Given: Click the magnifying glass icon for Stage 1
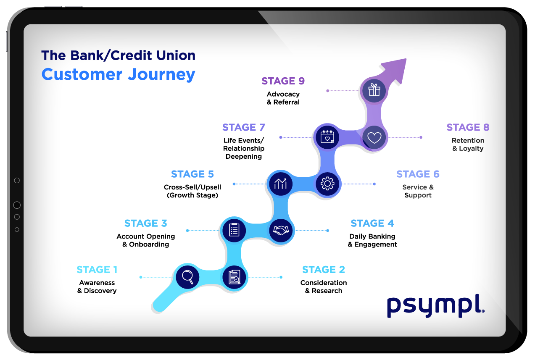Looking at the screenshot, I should pos(187,277).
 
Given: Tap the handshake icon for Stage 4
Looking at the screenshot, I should pos(282,230).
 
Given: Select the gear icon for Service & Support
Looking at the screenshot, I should pos(327,184).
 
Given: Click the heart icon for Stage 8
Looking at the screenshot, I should pos(374,137).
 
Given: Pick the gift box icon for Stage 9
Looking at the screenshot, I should pos(374,90).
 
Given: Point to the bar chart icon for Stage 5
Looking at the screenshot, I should pos(280,184).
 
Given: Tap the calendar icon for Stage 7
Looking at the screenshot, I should pos(327,137).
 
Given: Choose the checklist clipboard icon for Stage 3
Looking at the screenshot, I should pos(234,230).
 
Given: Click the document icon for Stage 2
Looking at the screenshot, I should pos(235,277).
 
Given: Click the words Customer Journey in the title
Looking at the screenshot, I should pos(118,74).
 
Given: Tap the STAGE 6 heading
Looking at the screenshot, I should pos(417,174).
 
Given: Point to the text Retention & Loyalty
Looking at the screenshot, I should pos(468,145).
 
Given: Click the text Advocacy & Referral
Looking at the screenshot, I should pos(283,98).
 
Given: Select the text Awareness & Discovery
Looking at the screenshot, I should pos(97,286).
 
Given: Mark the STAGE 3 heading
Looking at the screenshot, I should pos(145,223).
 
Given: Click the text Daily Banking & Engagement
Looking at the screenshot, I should pos(372,240).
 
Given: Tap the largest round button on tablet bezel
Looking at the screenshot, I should pos(17,205).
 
